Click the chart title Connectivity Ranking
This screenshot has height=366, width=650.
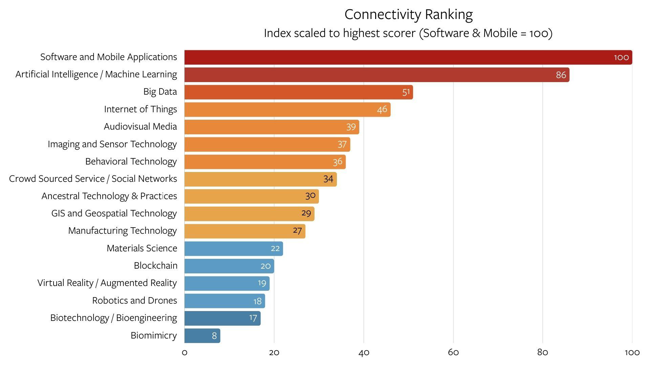[x=408, y=15]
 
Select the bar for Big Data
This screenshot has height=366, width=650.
[x=298, y=92]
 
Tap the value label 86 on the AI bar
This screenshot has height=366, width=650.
[x=561, y=75]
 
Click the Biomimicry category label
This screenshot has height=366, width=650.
[x=154, y=335]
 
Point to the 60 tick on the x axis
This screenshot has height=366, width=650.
[x=453, y=352]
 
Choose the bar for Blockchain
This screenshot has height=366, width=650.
[x=229, y=266]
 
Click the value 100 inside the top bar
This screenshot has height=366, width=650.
[x=621, y=57]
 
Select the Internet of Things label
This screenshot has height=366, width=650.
[x=140, y=109]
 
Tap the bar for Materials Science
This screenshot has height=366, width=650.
[x=233, y=249]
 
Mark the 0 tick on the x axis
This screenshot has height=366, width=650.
[x=185, y=352]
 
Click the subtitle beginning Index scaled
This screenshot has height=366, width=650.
[x=408, y=33]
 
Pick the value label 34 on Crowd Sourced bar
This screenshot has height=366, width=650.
[x=328, y=179]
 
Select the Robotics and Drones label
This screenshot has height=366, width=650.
[x=135, y=301]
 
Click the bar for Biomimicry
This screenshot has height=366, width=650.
[x=202, y=336]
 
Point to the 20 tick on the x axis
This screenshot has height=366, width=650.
[x=274, y=352]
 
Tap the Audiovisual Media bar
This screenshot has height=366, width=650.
[x=271, y=127]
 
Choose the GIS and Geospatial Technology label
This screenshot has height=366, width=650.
[x=114, y=213]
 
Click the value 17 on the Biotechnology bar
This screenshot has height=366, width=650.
[x=253, y=318]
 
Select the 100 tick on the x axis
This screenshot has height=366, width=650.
[x=632, y=352]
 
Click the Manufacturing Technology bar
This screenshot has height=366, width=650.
[x=245, y=231]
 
